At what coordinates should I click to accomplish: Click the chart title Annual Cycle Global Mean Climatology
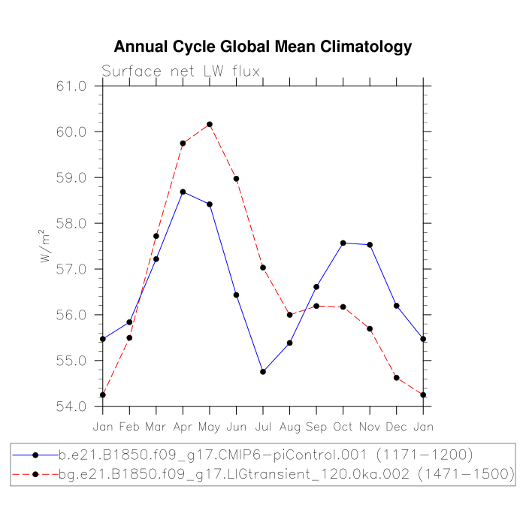click(x=263, y=47)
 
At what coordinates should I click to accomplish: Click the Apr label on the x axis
click(x=183, y=426)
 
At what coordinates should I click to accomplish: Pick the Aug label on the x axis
click(x=290, y=426)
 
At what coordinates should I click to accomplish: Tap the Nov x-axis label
click(x=370, y=426)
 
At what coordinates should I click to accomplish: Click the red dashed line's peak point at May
click(x=210, y=124)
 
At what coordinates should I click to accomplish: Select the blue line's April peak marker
click(x=183, y=192)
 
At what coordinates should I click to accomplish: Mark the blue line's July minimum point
click(x=263, y=372)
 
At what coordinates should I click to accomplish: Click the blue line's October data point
click(x=343, y=243)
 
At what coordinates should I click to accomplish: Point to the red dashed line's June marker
click(x=236, y=179)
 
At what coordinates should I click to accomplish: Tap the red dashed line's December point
click(x=397, y=378)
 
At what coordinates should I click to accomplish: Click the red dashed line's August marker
click(x=290, y=315)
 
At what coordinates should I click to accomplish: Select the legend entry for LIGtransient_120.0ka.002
click(x=263, y=473)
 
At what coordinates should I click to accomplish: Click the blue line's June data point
click(x=236, y=295)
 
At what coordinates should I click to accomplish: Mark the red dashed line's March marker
click(x=156, y=236)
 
